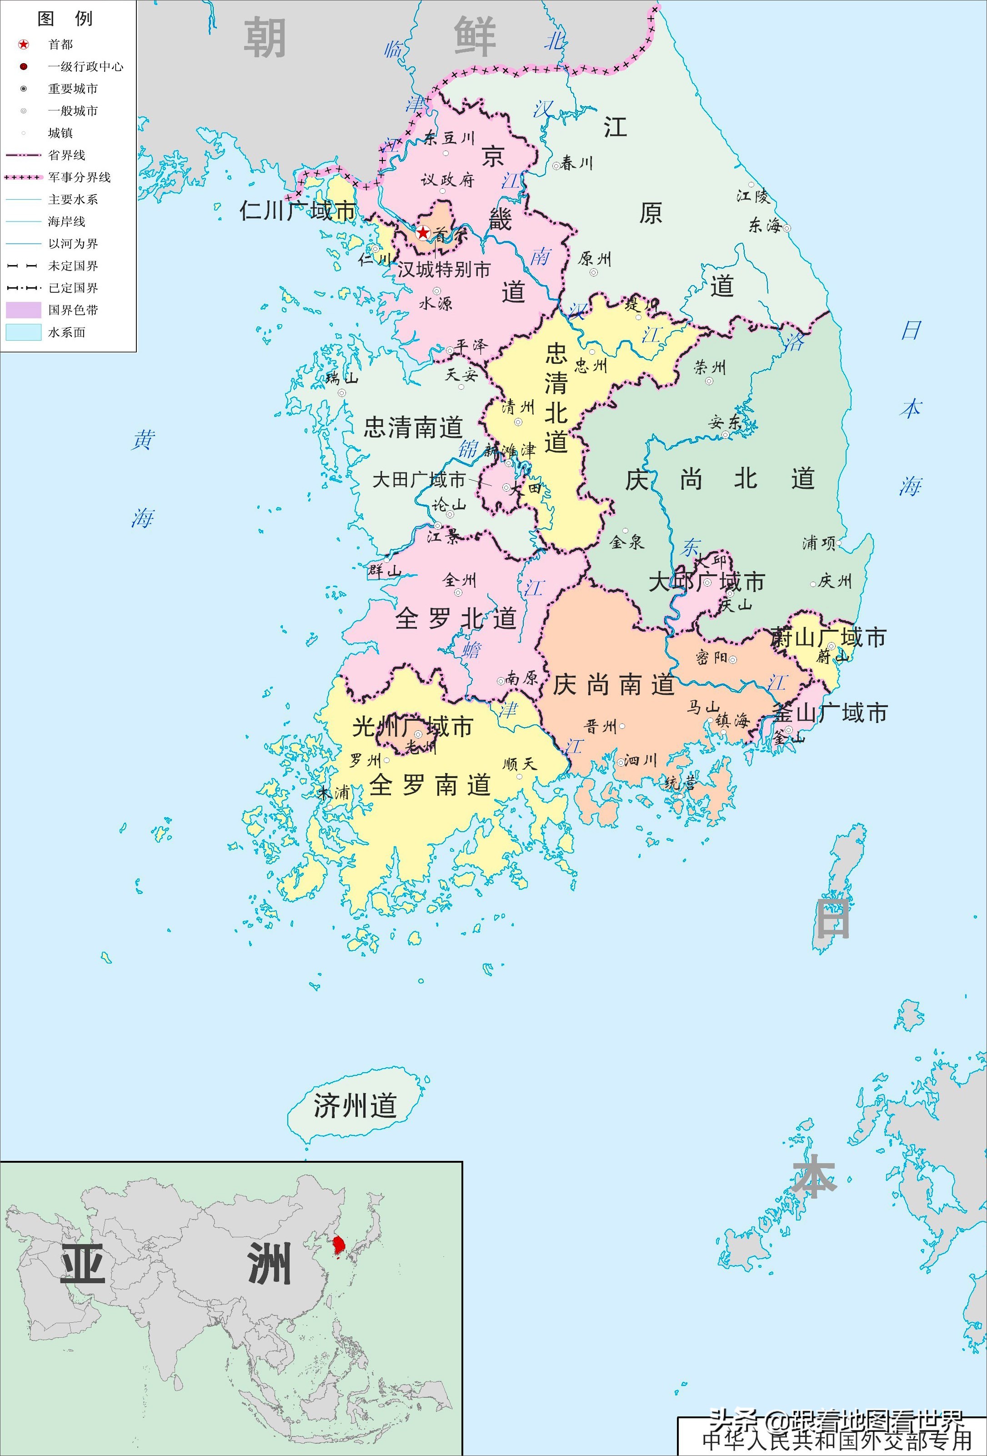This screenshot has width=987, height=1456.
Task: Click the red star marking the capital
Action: click(x=423, y=233)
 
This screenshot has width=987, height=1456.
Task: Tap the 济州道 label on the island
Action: click(x=355, y=1123)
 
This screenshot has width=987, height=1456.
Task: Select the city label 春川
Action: click(x=576, y=164)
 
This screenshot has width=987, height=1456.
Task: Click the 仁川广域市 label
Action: click(x=297, y=211)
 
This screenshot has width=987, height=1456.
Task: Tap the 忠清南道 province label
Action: click(x=413, y=427)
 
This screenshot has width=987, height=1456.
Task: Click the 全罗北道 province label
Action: click(x=456, y=618)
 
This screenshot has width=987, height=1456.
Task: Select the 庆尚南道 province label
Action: click(x=613, y=685)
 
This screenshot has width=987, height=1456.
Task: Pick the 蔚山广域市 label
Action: click(x=828, y=638)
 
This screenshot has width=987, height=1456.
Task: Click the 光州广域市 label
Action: click(x=412, y=727)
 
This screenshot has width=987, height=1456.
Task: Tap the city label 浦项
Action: click(x=818, y=543)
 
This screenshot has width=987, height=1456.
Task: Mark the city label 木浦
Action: click(x=333, y=793)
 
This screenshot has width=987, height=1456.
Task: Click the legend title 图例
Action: click(x=65, y=19)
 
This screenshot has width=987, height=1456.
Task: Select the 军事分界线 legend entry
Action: click(x=79, y=177)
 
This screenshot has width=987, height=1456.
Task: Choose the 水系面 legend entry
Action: click(x=66, y=332)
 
